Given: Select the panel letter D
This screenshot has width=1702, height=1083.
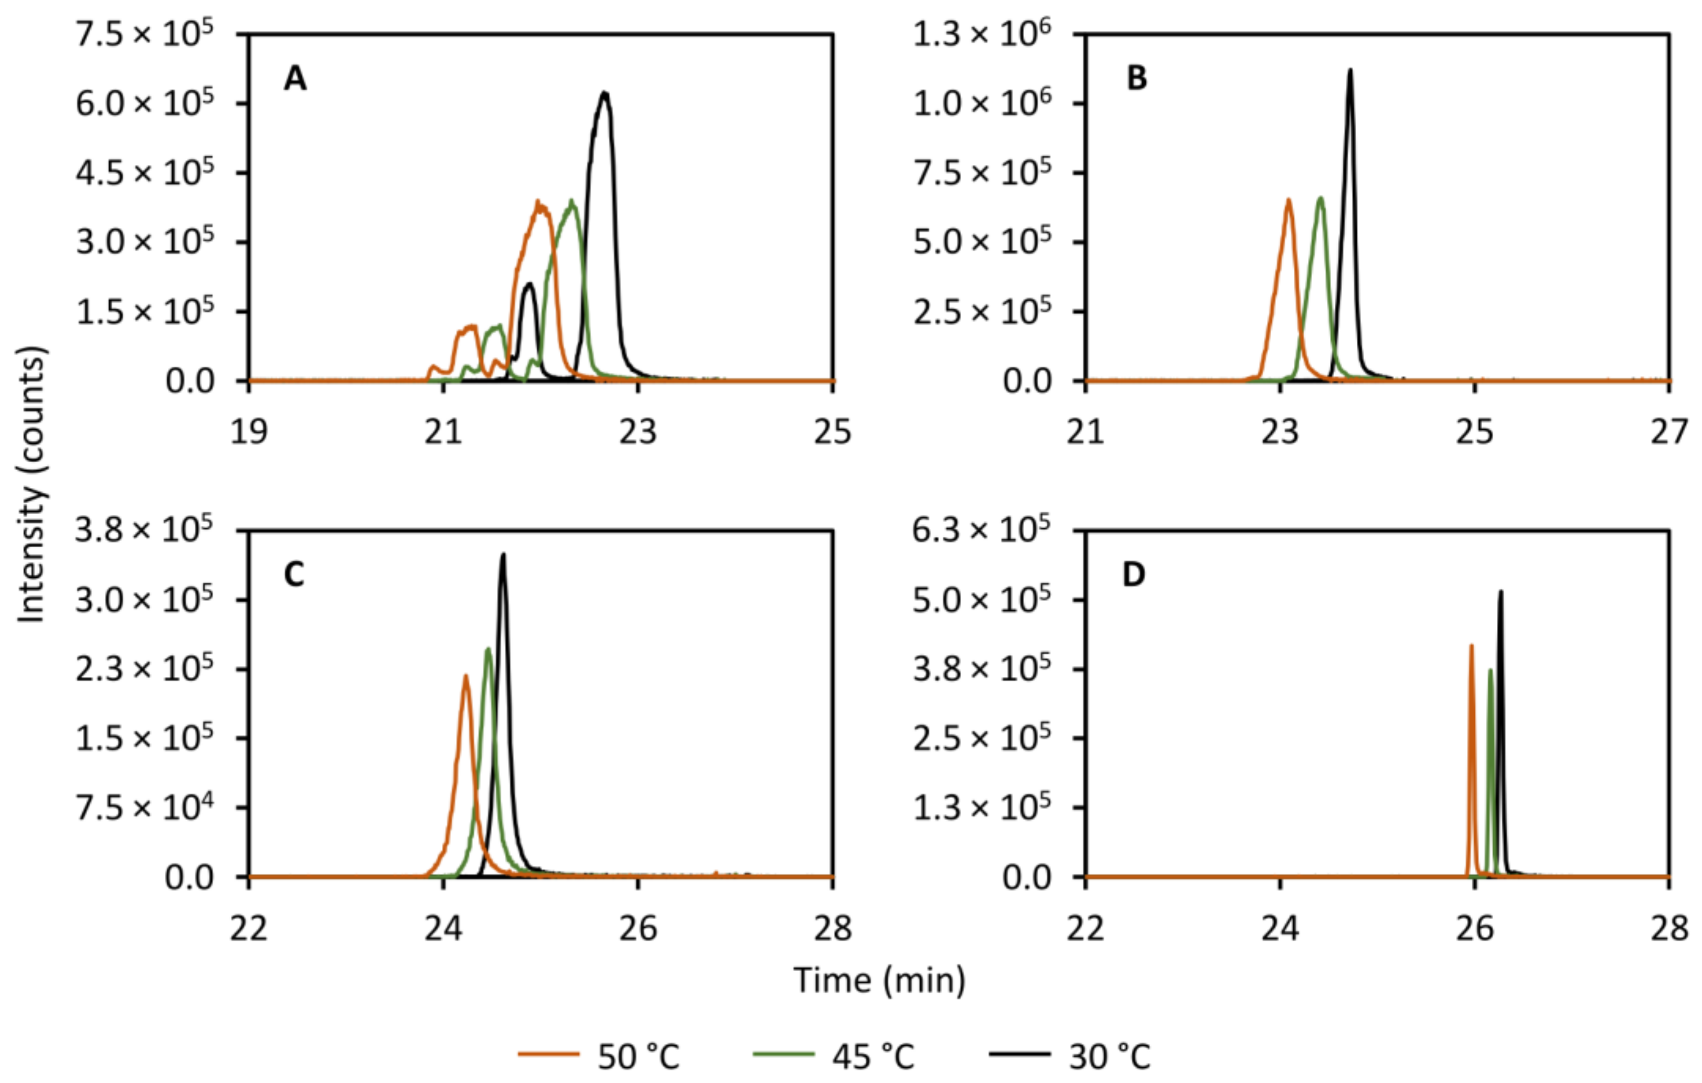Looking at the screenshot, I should coord(1134,575).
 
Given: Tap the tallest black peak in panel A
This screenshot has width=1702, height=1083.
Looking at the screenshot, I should coord(604,94).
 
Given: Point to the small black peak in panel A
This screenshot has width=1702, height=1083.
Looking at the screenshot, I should coord(529,285).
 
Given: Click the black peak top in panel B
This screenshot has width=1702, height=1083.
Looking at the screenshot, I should coord(1350,70).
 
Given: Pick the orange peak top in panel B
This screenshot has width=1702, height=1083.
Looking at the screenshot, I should coord(1289,201).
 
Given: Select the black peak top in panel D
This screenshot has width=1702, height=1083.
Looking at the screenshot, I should coord(1501,592).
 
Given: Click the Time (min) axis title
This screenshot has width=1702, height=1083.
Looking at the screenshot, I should coord(879,981).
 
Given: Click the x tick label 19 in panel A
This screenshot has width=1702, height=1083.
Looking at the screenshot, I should coord(249,432).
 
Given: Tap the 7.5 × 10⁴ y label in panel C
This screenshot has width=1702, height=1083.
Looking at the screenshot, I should coord(144,808).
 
